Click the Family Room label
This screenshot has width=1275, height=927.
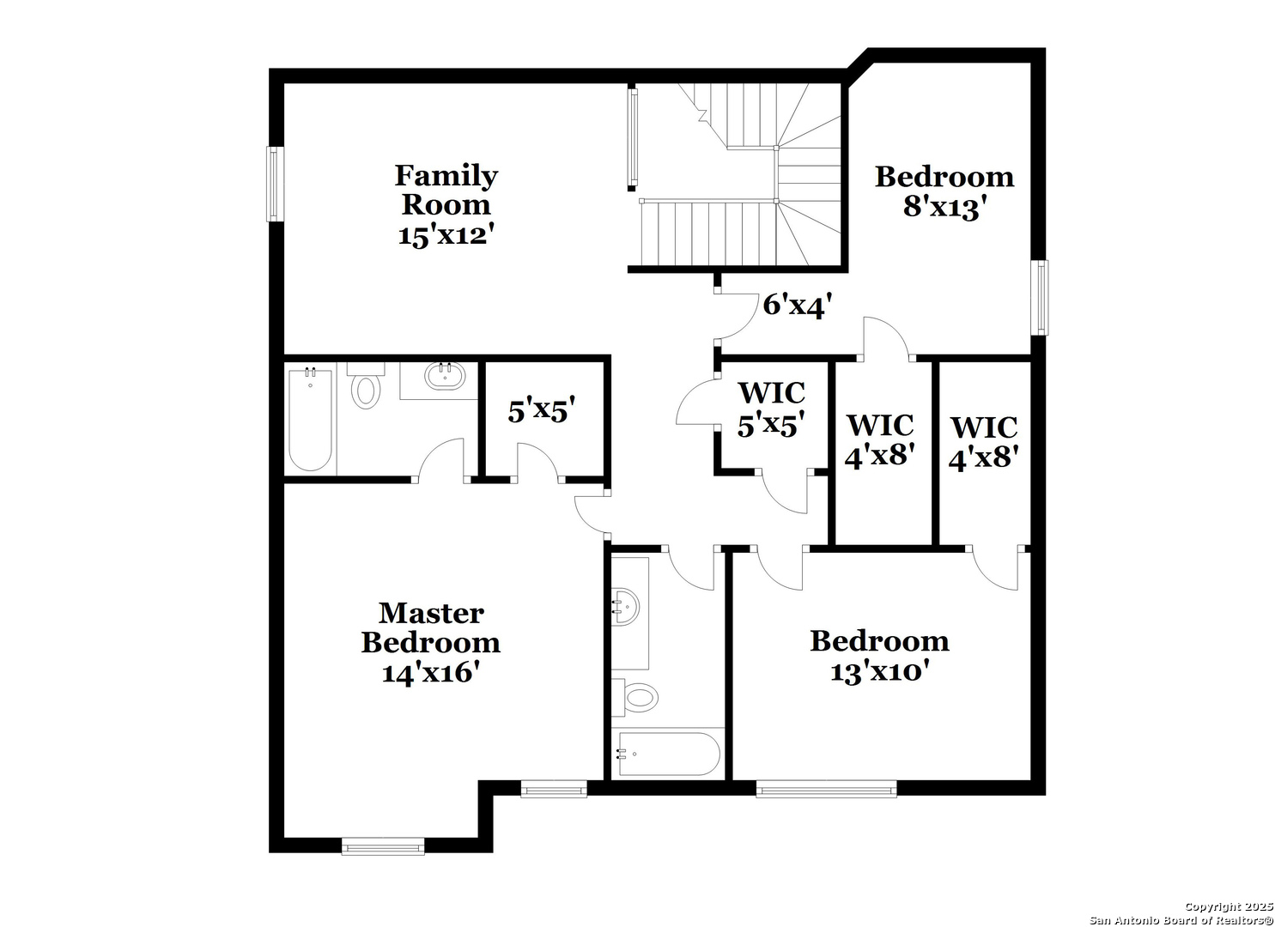446,190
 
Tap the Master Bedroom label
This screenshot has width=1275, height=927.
431,627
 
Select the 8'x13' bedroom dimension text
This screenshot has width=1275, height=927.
944,207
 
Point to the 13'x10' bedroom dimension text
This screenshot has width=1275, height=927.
879,672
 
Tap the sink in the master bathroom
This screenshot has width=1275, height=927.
445,376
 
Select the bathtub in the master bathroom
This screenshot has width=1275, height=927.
310,421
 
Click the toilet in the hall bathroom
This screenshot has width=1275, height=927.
635,697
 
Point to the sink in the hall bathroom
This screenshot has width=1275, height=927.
626,607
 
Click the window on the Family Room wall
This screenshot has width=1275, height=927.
275,184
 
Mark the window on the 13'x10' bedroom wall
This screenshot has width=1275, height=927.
826,789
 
